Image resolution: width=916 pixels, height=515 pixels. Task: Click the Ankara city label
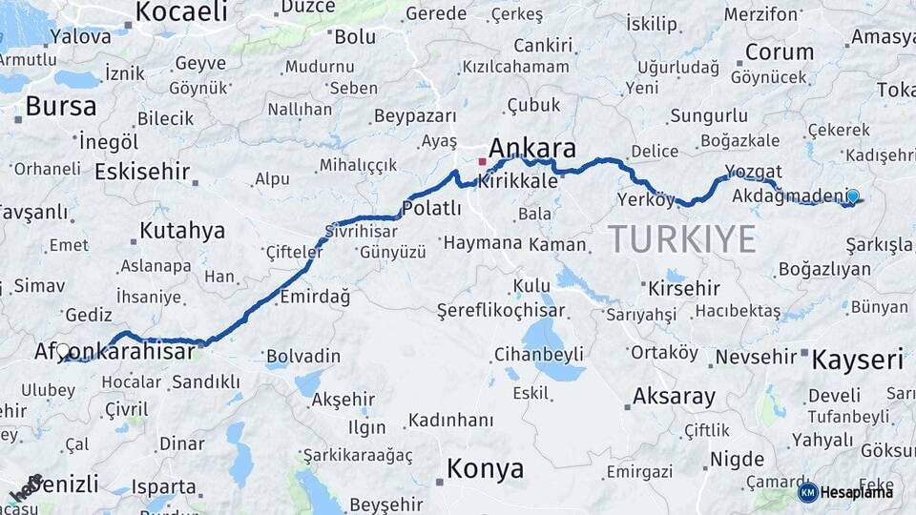532,149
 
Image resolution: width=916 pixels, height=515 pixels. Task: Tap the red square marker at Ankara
482,161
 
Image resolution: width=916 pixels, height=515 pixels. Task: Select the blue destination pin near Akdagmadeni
852,196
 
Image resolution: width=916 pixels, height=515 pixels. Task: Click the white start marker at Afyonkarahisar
64,350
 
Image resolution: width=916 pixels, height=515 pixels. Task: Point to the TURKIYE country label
682,238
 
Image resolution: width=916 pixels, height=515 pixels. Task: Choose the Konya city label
485,468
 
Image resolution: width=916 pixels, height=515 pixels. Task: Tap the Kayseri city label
857,360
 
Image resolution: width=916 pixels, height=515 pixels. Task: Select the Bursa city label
61,106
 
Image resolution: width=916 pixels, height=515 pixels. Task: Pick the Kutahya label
182,231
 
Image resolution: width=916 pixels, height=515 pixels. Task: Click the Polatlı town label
431,208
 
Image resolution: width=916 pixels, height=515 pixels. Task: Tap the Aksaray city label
674,396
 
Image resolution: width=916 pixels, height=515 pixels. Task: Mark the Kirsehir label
683,288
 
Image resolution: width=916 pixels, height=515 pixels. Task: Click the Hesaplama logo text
856,492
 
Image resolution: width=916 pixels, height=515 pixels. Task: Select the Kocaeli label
181,11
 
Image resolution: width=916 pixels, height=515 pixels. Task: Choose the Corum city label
779,51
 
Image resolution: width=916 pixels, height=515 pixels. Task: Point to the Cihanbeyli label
538,355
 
